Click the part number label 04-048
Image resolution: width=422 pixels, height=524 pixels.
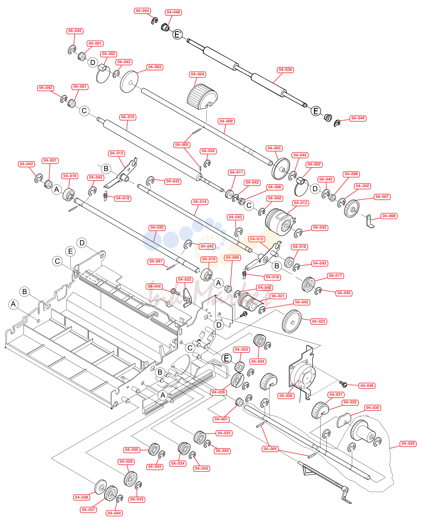[173, 12]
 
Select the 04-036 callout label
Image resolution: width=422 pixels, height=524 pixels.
[285, 70]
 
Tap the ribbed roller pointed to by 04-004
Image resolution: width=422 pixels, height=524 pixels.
[202, 97]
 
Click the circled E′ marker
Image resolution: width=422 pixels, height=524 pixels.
[178, 34]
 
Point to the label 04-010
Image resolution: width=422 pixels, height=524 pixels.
[128, 117]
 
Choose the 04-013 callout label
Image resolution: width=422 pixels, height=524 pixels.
[116, 153]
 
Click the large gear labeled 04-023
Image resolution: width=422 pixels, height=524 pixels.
[291, 321]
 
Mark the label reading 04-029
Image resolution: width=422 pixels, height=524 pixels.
[408, 444]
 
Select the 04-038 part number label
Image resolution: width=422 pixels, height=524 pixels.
[81, 497]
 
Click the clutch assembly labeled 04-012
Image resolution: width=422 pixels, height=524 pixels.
[279, 222]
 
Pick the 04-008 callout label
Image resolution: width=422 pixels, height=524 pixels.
[389, 216]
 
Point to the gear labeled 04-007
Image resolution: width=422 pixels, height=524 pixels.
[352, 208]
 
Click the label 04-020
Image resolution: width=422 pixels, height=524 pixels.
[157, 228]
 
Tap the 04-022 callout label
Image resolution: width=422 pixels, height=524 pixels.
[185, 279]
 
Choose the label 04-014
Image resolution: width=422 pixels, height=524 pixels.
[199, 202]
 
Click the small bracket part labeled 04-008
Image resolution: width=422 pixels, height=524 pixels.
[370, 221]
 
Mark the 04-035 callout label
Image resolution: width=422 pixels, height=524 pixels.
[131, 449]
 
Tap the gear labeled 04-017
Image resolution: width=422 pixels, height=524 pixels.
[308, 285]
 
